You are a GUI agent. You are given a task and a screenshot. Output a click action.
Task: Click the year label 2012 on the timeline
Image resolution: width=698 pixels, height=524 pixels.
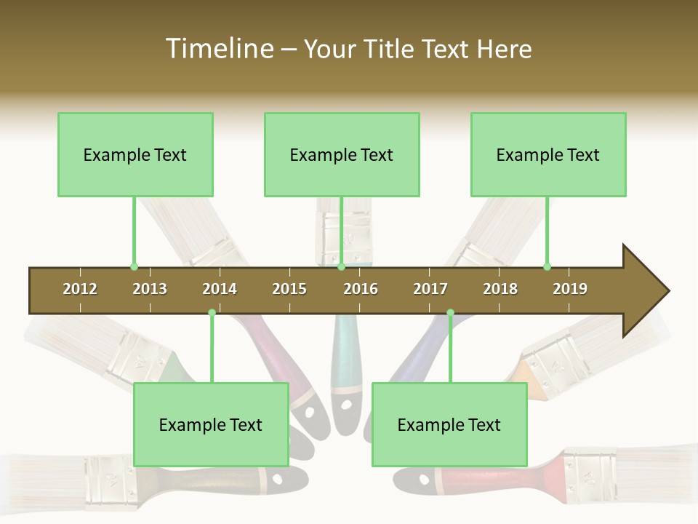pos(80,289)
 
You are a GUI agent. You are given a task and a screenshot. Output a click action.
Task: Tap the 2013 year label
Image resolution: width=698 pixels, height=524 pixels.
pos(150,289)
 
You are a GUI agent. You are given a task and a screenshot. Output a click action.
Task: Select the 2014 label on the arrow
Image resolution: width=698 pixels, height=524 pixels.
pos(220,289)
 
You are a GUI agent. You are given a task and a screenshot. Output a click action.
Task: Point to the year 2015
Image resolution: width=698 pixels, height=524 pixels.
pos(289,289)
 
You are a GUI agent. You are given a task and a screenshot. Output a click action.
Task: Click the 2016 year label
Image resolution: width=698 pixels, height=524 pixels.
pos(361,289)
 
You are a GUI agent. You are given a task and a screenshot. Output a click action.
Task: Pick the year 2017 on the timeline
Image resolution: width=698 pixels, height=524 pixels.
pos(430,289)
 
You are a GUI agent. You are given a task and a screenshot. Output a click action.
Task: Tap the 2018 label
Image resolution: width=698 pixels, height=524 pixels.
pos(500,289)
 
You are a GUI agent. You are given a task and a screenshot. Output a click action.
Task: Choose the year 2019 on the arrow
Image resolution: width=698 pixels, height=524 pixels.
pos(570,289)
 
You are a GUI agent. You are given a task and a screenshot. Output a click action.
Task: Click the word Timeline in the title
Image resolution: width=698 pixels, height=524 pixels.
pos(217,49)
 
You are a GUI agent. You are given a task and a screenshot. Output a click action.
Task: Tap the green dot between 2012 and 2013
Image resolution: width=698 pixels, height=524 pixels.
pos(134,266)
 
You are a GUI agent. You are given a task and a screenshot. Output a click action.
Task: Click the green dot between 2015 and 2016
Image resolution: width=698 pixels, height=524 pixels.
pos(341,266)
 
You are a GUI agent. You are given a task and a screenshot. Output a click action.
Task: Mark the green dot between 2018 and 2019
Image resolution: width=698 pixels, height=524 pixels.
pos(547,266)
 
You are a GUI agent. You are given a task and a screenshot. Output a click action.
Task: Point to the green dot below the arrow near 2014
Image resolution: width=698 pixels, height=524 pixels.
pos(212,312)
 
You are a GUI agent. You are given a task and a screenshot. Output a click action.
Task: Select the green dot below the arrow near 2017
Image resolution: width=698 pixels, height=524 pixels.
pos(450,312)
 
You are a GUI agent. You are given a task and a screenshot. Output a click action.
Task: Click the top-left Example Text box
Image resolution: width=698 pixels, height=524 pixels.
pos(135,154)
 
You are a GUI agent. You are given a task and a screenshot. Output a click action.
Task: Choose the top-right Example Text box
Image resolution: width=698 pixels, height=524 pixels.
pos(548,154)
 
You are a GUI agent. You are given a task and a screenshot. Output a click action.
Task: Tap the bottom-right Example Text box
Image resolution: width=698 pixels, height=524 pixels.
pos(449,424)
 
